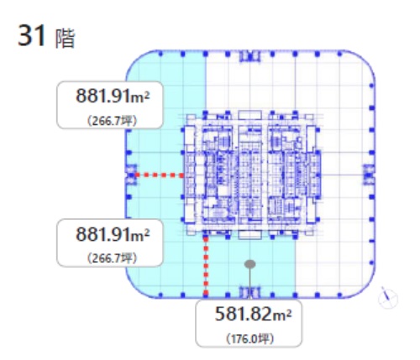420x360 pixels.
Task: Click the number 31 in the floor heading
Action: [32, 35]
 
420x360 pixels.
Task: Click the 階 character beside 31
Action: [66, 39]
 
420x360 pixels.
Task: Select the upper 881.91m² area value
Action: [113, 96]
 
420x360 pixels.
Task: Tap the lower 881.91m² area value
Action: [113, 234]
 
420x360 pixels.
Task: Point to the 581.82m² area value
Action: [253, 314]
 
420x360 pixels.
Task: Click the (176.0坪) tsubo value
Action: [249, 339]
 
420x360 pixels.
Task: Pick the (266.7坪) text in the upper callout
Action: [113, 121]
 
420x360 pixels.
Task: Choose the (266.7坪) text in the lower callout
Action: [113, 258]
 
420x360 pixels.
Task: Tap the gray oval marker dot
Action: [250, 264]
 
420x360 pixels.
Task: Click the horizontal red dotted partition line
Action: [160, 175]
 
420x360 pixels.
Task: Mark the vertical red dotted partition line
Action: [206, 266]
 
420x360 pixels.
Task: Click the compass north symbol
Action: [388, 298]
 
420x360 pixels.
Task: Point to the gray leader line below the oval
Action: [250, 284]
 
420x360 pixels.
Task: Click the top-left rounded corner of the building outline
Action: [137, 61]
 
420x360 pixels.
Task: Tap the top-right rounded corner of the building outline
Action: [364, 61]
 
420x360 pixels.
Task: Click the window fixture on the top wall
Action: [250, 56]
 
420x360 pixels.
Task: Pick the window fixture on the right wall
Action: [369, 175]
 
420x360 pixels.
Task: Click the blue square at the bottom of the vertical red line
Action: [206, 295]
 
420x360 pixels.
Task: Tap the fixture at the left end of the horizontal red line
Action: [131, 175]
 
